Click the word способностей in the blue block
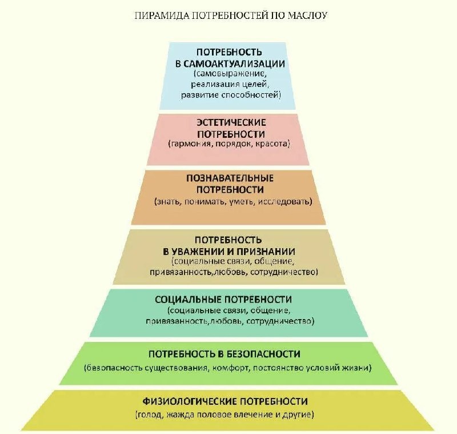tap(254, 94)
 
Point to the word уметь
tap(242, 202)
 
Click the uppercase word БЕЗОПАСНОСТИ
tap(261, 354)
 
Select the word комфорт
tap(228, 367)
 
